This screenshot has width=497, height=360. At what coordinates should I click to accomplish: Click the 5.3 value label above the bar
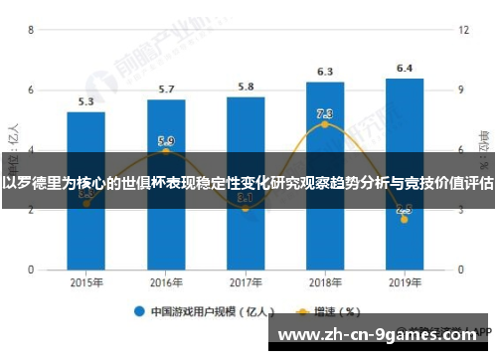pyautogui.click(x=86, y=101)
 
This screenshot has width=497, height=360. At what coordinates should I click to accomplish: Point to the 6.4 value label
pyautogui.click(x=405, y=69)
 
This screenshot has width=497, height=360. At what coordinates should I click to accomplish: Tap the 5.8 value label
pyautogui.click(x=246, y=87)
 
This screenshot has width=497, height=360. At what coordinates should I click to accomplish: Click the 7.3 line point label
pyautogui.click(x=325, y=113)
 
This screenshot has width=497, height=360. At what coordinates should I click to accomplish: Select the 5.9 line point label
pyautogui.click(x=166, y=141)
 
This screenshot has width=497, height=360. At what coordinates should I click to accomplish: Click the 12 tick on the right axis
pyautogui.click(x=463, y=31)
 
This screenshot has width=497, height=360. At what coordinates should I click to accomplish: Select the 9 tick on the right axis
pyautogui.click(x=461, y=90)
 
